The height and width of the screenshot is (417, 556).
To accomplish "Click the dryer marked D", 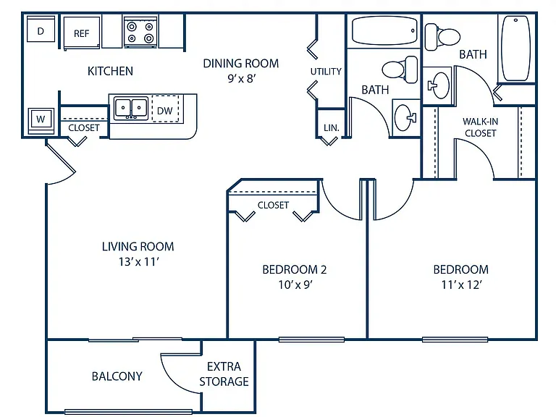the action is (41, 31).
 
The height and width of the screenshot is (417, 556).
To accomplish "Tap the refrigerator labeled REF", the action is (82, 33).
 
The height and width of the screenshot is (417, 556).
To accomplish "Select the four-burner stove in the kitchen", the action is (140, 32).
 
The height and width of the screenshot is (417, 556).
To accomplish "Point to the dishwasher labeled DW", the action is (165, 109).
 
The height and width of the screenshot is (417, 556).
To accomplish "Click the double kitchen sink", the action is (131, 107).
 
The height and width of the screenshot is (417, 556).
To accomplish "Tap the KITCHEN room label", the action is (110, 71).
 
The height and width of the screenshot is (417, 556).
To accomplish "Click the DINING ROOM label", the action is (241, 63).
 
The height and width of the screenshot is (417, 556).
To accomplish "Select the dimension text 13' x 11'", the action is (139, 261).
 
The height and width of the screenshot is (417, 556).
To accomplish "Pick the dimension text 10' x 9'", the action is (295, 285).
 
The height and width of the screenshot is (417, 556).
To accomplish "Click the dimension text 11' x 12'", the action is (461, 285).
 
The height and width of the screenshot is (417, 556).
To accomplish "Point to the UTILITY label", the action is (326, 71).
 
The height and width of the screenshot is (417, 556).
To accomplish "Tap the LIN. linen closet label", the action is (331, 127).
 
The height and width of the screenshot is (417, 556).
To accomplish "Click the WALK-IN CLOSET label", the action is (481, 127).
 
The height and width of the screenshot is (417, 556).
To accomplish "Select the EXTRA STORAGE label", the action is (224, 374).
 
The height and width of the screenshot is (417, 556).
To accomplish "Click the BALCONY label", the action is (117, 376).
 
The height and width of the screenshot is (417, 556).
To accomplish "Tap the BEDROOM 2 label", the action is (295, 269).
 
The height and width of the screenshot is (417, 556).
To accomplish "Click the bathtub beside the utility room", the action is (384, 31).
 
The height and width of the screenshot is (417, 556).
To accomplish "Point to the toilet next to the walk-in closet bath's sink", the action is (442, 37).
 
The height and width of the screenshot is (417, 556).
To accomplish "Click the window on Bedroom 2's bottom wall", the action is (311, 340).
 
